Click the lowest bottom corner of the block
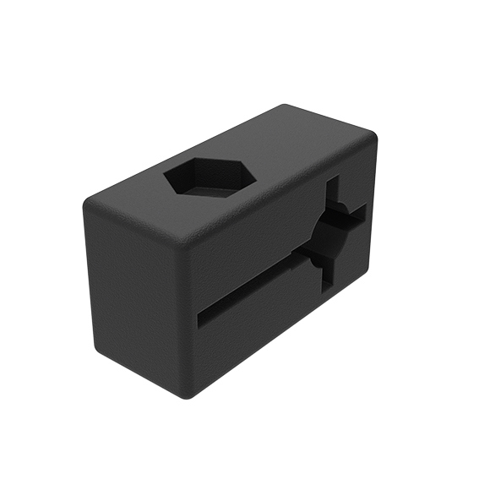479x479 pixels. tap(191, 395)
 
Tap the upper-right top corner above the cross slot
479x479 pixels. tap(371, 135)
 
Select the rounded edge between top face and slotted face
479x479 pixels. tap(279, 190)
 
